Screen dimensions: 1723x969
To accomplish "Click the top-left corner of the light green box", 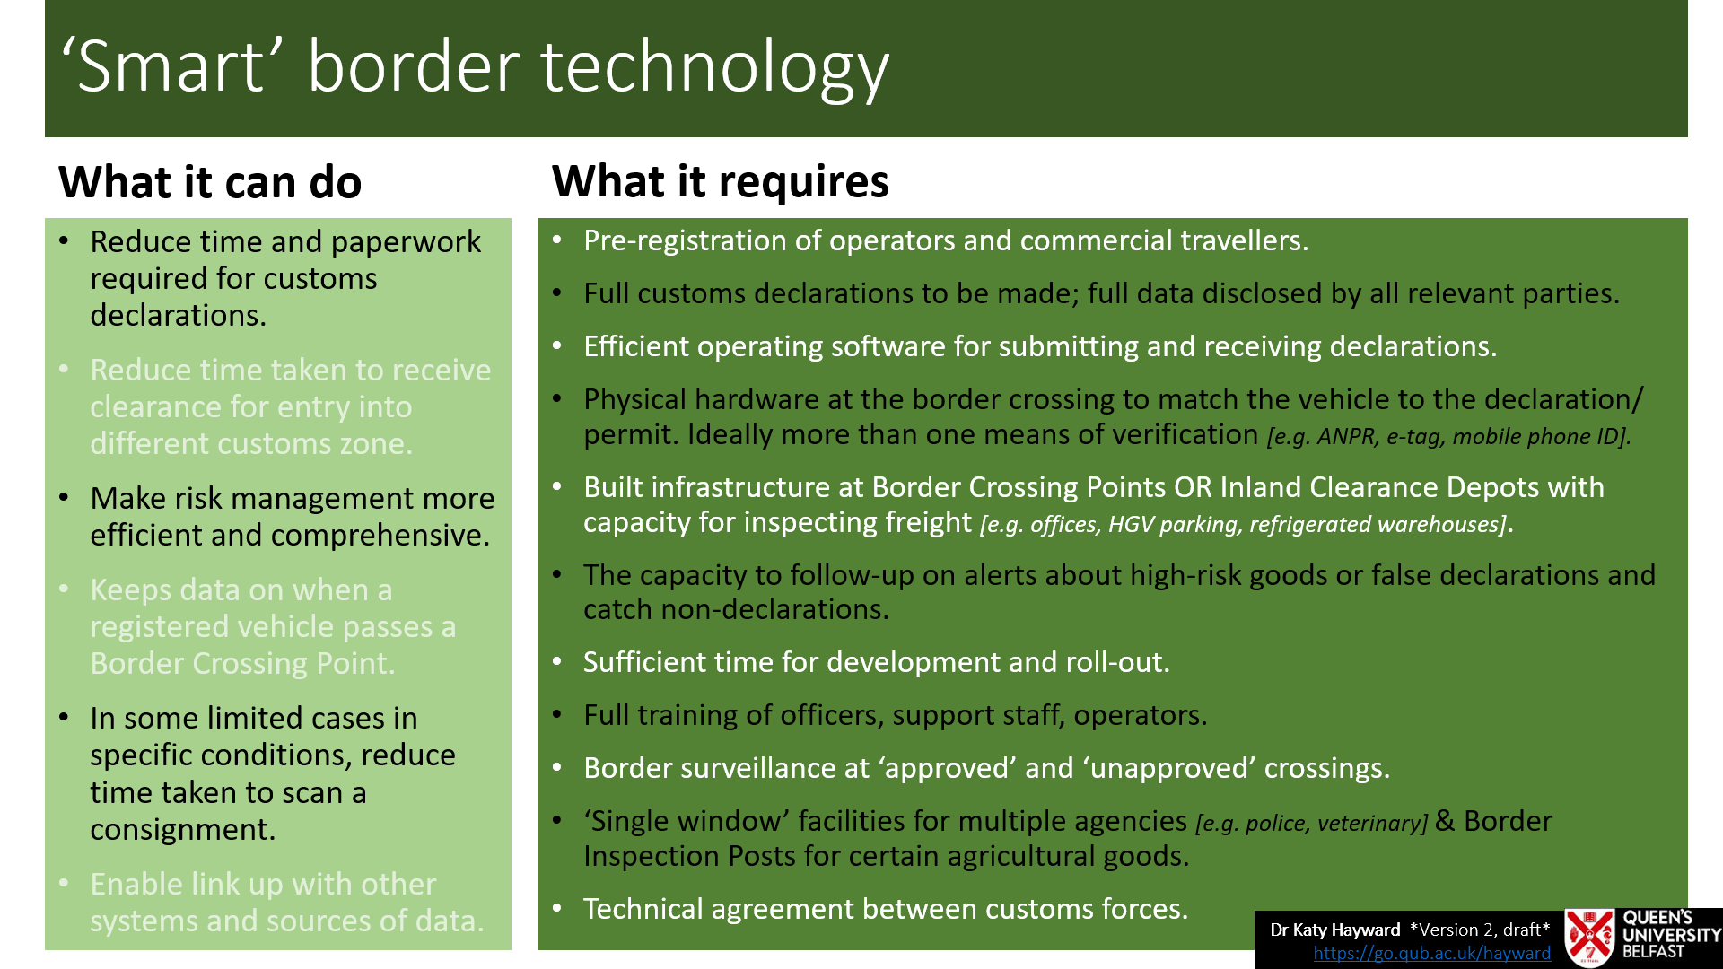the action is [x=45, y=218].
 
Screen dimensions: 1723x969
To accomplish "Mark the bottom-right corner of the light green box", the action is [x=512, y=950].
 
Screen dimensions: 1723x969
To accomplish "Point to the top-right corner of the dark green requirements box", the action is [x=1688, y=218].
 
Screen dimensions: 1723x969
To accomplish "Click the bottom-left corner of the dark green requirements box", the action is [x=538, y=950].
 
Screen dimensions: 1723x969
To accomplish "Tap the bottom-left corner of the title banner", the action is [x=45, y=137].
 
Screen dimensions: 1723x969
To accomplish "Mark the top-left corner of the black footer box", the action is [x=1255, y=911].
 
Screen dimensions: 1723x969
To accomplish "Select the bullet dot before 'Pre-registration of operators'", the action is [x=557, y=240].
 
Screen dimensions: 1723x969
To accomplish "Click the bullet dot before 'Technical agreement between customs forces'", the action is [x=557, y=908].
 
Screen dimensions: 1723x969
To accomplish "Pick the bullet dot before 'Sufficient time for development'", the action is [x=557, y=661].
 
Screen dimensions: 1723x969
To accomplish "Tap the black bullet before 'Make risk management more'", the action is [x=64, y=497].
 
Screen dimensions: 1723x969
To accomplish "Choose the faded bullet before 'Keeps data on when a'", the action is [x=64, y=589].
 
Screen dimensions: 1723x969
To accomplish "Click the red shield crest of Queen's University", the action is [x=1590, y=938].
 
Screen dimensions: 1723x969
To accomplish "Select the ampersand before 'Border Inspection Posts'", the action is [x=1445, y=821].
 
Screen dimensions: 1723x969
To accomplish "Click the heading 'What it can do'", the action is [x=210, y=182].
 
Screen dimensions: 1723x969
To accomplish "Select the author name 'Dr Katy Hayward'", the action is [x=1335, y=930].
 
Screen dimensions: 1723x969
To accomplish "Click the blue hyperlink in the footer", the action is [x=1432, y=953].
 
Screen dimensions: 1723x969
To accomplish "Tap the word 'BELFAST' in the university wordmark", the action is [x=1654, y=952].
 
